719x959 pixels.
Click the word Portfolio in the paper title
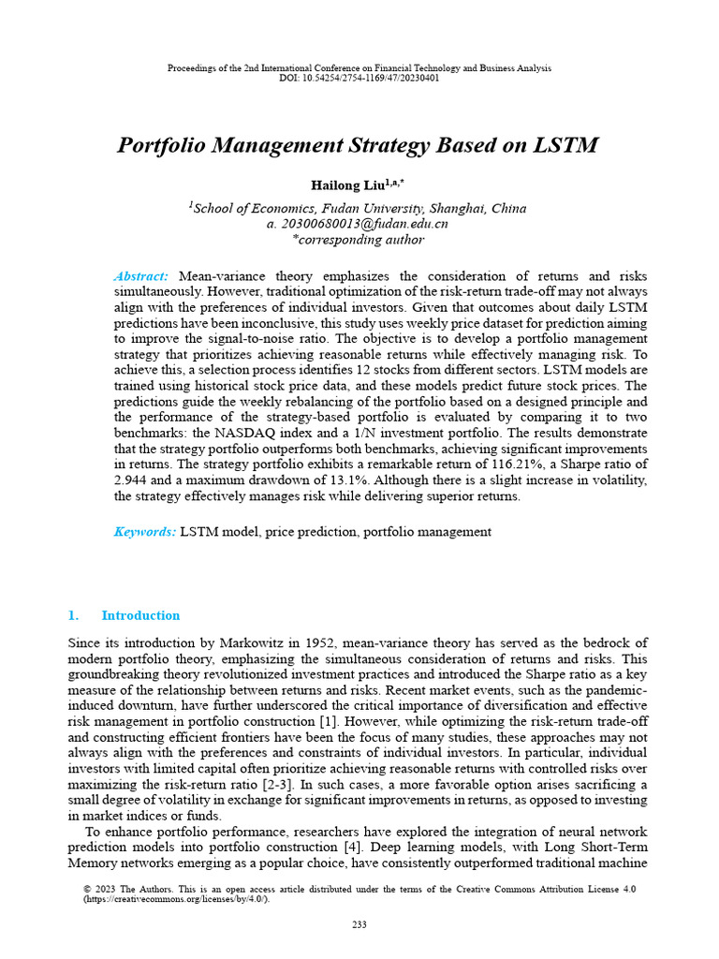point(164,146)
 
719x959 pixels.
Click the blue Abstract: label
point(141,276)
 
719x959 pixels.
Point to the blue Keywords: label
point(144,532)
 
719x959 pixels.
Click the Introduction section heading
point(140,615)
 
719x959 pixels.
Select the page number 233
point(359,925)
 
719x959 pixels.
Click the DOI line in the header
point(359,78)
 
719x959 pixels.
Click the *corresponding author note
point(359,240)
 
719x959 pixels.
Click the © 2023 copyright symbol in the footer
point(87,889)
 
